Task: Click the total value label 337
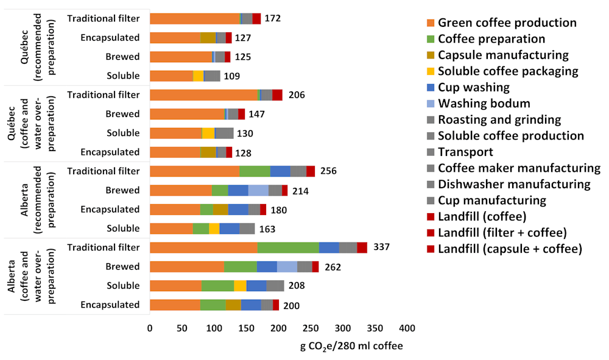[381, 247]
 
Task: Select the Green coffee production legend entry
[507, 23]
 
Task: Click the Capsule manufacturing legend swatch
[431, 55]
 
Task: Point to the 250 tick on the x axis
[310, 328]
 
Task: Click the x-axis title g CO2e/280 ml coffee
[351, 346]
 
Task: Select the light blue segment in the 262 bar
[287, 267]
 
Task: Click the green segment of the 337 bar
[288, 247]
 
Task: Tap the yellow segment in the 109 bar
[198, 76]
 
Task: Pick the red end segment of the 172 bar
[256, 19]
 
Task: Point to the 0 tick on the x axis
[150, 328]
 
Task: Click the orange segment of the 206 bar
[203, 95]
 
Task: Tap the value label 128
[242, 152]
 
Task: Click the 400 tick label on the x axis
[406, 328]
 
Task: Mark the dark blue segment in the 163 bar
[229, 228]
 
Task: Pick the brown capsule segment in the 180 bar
[220, 210]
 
